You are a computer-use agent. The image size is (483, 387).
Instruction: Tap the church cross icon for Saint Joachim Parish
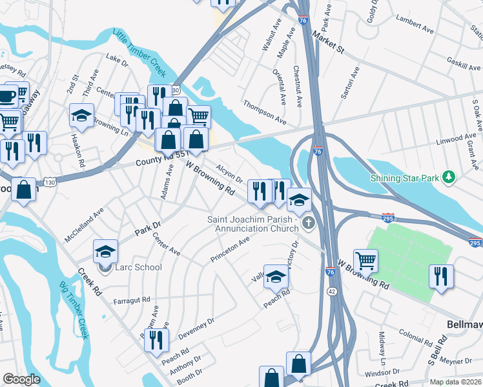308,224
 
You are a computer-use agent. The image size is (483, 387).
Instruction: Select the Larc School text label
139,267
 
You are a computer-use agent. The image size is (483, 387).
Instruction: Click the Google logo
21,379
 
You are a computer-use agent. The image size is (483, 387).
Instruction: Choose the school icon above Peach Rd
276,276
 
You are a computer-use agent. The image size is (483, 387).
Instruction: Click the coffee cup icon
6,97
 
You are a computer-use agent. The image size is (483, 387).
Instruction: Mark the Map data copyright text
455,382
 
